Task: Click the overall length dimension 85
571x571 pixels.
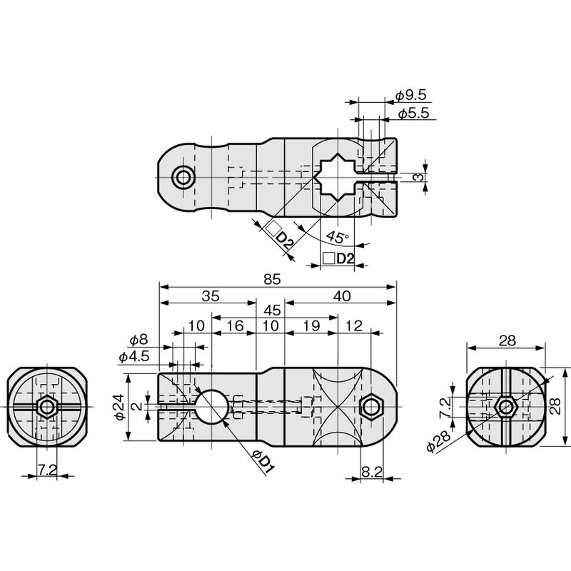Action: pyautogui.click(x=272, y=279)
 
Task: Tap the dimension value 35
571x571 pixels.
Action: pyautogui.click(x=211, y=295)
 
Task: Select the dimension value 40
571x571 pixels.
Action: pyautogui.click(x=342, y=295)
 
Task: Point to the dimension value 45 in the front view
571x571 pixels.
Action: pyautogui.click(x=272, y=310)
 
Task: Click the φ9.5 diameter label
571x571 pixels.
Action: pyautogui.click(x=411, y=96)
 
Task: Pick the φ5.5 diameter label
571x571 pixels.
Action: pyautogui.click(x=414, y=113)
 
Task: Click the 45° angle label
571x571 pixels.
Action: pyautogui.click(x=337, y=237)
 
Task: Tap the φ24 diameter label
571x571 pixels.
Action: pyautogui.click(x=120, y=407)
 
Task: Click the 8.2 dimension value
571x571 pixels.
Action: pyautogui.click(x=372, y=472)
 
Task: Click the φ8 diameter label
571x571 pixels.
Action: pyautogui.click(x=139, y=340)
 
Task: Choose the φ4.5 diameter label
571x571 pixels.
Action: pyautogui.click(x=134, y=356)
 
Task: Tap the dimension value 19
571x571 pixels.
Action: pyautogui.click(x=311, y=326)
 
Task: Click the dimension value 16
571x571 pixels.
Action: pyautogui.click(x=235, y=326)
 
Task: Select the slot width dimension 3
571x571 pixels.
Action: pyautogui.click(x=419, y=177)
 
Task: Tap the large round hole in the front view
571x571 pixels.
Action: pyautogui.click(x=211, y=407)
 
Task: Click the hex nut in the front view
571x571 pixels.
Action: pyautogui.click(x=370, y=407)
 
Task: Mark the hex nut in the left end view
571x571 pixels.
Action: pyautogui.click(x=47, y=407)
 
